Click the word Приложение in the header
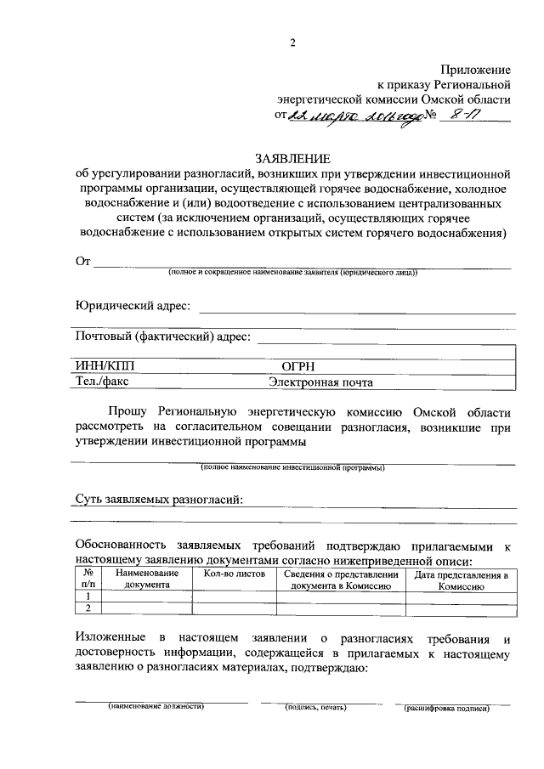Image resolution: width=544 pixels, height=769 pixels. pyautogui.click(x=475, y=69)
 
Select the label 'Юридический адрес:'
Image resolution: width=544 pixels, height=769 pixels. pyautogui.click(x=133, y=305)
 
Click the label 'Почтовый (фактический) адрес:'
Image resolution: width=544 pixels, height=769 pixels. pyautogui.click(x=163, y=336)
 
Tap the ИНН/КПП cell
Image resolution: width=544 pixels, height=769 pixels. pyautogui.click(x=106, y=366)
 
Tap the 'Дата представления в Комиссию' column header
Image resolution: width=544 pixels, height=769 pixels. pyautogui.click(x=461, y=580)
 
